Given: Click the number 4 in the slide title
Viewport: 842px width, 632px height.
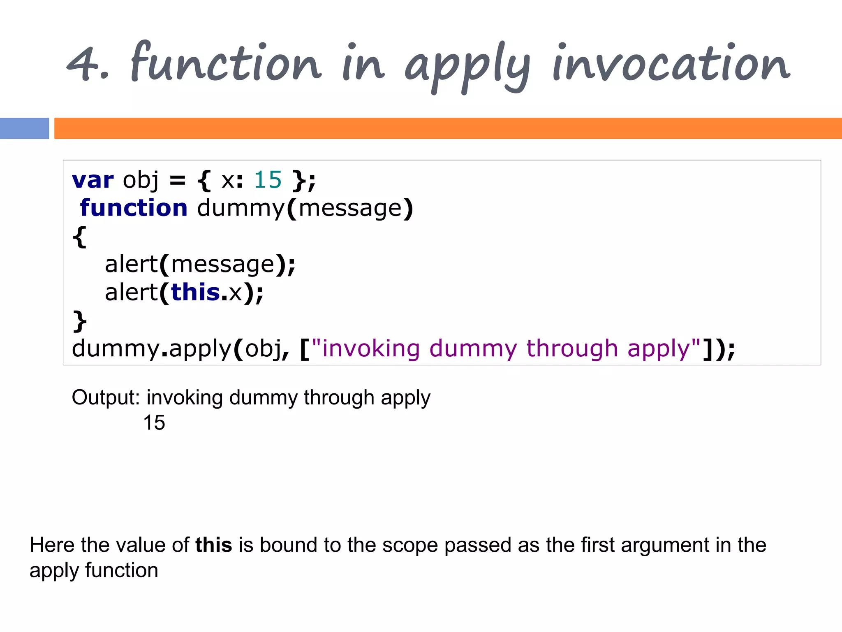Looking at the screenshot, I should [x=82, y=64].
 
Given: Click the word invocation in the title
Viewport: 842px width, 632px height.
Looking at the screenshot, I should [x=670, y=64].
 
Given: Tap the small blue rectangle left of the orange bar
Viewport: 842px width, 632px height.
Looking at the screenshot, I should [x=24, y=128].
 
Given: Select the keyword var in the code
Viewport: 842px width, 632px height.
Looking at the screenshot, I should [x=93, y=180].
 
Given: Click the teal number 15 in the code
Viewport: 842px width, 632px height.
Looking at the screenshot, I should [x=268, y=180].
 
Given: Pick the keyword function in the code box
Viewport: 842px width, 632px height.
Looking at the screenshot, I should [x=134, y=208].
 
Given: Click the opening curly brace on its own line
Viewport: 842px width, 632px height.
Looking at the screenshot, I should [x=80, y=237].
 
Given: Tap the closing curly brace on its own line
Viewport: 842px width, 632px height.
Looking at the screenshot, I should [x=80, y=321].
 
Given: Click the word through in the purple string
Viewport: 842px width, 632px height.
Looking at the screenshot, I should [x=572, y=349].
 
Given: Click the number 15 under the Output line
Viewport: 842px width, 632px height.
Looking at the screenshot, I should [x=154, y=423].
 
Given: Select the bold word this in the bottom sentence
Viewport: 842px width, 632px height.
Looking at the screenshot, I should [x=213, y=545].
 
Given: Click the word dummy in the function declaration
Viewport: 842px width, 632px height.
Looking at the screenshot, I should [x=241, y=208].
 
